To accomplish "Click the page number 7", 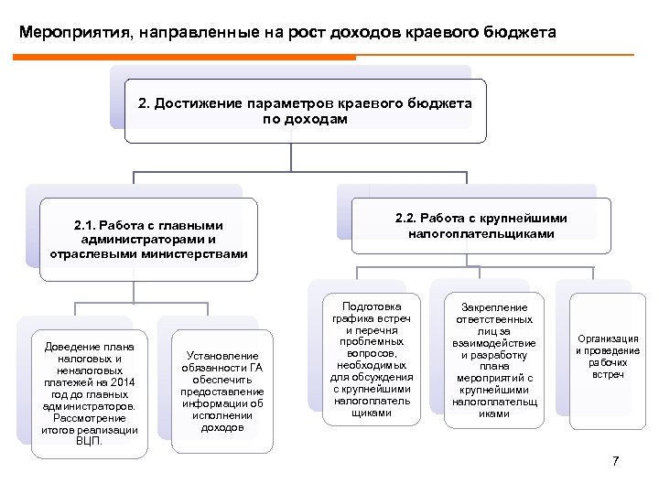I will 616,460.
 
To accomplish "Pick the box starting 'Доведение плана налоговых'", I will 88,392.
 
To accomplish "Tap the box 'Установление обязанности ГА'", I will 221,391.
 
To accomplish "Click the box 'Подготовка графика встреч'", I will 371,358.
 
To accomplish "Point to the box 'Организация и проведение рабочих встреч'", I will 607,357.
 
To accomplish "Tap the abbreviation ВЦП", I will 89,440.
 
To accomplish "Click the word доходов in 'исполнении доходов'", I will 221,426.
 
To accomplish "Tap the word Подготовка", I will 371,299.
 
